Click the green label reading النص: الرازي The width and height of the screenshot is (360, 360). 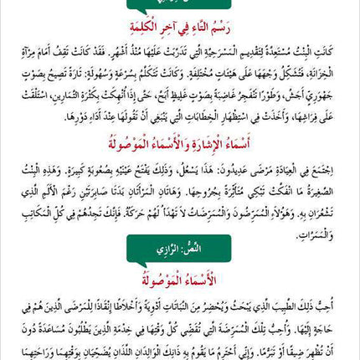point(178,249)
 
